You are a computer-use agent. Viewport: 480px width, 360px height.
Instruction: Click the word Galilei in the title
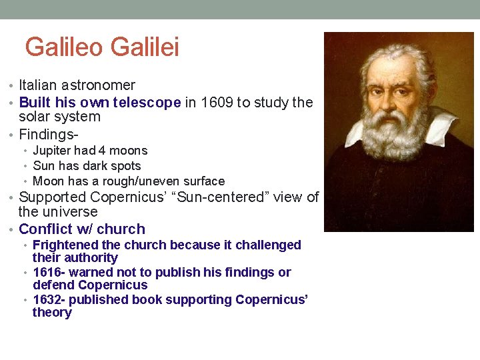click(145, 47)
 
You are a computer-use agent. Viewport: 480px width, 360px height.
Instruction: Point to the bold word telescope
click(147, 103)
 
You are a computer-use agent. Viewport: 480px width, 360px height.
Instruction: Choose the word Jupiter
click(54, 151)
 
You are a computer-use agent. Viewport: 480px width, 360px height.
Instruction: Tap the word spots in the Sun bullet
click(126, 166)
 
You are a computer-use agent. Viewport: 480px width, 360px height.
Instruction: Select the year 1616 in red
click(47, 273)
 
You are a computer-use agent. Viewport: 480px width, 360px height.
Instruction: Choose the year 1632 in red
click(47, 300)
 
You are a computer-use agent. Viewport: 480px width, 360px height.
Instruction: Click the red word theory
click(52, 313)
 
